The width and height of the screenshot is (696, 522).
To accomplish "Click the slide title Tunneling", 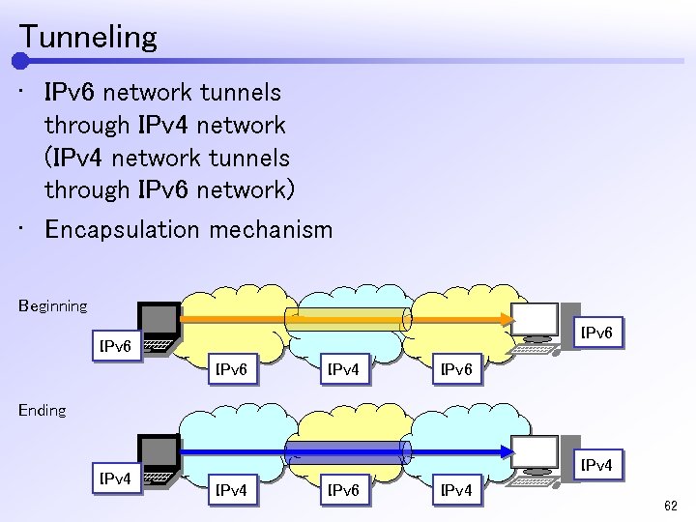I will (87, 38).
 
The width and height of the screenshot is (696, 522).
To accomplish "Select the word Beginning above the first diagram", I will (52, 306).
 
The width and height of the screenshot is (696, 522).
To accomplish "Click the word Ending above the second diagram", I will (42, 411).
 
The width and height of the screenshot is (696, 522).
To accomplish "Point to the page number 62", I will (670, 507).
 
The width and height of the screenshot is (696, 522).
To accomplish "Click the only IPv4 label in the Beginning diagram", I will (346, 369).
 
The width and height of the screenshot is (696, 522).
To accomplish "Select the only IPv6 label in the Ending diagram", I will (346, 491).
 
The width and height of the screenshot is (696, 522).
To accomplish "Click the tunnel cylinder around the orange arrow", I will (348, 320).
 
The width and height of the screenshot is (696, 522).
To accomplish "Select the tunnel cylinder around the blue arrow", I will (348, 450).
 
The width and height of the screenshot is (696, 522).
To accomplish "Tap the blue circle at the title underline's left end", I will (20, 61).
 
